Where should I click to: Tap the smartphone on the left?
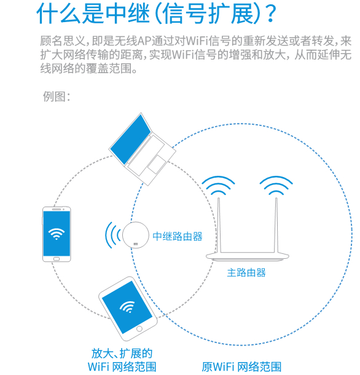click(x=57, y=234)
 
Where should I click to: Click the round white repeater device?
click(x=136, y=235)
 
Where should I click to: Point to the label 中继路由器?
click(x=178, y=236)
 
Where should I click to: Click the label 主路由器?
click(x=246, y=272)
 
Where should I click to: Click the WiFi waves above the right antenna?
click(x=275, y=184)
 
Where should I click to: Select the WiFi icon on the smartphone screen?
click(x=57, y=234)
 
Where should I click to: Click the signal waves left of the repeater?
click(x=112, y=235)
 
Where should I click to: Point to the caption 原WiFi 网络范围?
click(x=241, y=367)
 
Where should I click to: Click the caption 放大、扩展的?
click(x=122, y=353)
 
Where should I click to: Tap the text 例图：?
click(x=57, y=97)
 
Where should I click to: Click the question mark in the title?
click(x=266, y=13)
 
